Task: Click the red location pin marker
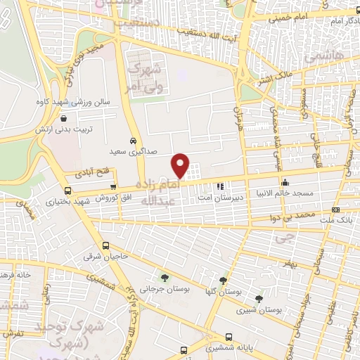[x=181, y=165]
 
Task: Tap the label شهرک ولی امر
[x=146, y=78]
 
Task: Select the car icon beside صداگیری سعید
[x=133, y=141]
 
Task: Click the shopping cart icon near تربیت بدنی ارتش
[x=65, y=120]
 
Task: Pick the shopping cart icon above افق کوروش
[x=113, y=186]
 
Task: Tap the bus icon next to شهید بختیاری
[x=67, y=191]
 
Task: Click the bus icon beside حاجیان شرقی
[x=105, y=245]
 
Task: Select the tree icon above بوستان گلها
[x=224, y=280]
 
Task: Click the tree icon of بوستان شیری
[x=259, y=299]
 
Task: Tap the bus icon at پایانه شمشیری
[x=229, y=336]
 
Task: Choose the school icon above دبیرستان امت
[x=219, y=186]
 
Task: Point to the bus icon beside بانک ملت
[x=334, y=210]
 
